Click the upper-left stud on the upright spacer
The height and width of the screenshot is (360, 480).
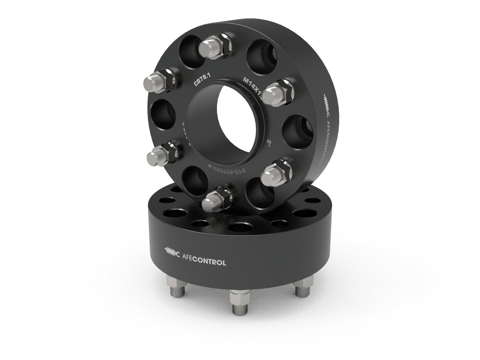[x=160, y=82]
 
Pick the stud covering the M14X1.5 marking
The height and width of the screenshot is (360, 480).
[x=276, y=93]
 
